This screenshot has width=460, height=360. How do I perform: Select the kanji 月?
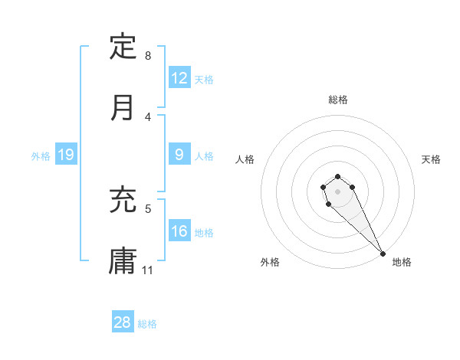[x=123, y=107]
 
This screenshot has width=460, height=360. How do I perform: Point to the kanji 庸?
[x=123, y=260]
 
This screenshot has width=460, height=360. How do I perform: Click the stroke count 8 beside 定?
[x=147, y=55]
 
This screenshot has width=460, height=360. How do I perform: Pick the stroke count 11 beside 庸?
[x=149, y=270]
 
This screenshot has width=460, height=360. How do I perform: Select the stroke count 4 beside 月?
[x=147, y=116]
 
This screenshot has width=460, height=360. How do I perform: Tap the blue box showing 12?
[x=179, y=78]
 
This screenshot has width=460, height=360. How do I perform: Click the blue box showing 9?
[x=179, y=155]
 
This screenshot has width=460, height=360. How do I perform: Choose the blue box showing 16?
[x=179, y=231]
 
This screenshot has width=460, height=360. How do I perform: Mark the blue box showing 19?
[x=66, y=155]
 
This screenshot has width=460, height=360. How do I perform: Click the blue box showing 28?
[x=123, y=322]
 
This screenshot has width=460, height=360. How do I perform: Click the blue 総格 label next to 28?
[x=147, y=324]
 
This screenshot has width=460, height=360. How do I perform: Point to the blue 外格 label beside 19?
[x=41, y=156]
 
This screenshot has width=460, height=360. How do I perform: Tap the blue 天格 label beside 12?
[x=204, y=80]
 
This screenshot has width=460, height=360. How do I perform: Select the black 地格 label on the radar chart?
[x=402, y=262]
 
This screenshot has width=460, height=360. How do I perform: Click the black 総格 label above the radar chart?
[x=338, y=100]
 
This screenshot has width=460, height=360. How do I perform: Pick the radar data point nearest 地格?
[x=383, y=254]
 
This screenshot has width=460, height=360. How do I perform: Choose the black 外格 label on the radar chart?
[x=270, y=262]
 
